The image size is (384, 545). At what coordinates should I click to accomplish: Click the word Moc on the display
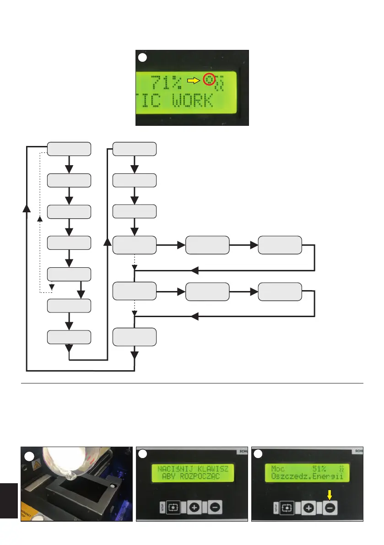point(278,469)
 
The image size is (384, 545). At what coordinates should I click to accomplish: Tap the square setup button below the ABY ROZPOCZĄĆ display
point(173,507)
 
